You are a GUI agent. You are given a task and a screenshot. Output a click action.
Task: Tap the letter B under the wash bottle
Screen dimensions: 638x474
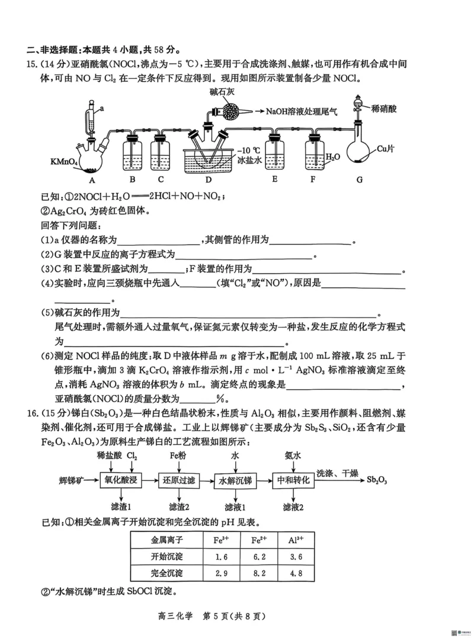pyautogui.click(x=133, y=179)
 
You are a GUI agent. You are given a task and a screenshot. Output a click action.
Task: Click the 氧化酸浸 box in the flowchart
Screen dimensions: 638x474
pyautogui.click(x=121, y=480)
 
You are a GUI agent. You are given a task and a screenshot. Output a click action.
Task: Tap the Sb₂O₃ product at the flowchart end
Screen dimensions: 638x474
pyautogui.click(x=377, y=480)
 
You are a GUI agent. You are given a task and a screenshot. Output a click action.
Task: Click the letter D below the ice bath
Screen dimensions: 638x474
pyautogui.click(x=208, y=179)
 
